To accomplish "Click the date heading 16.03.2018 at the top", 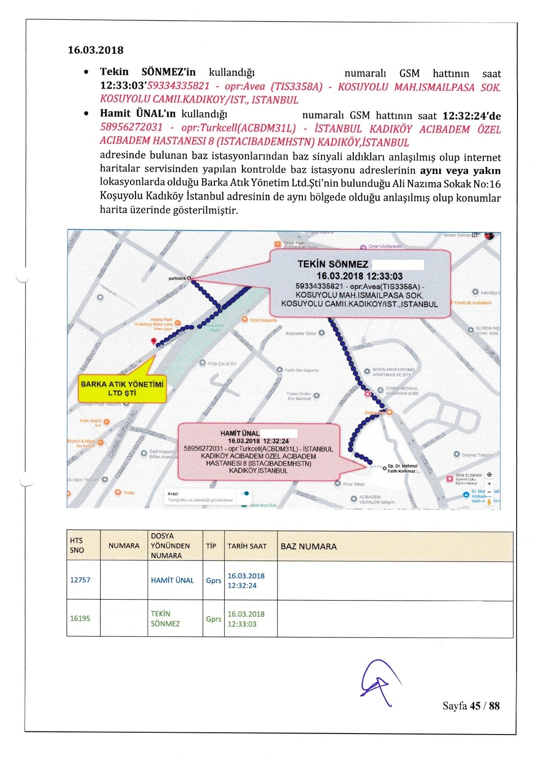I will [95, 50].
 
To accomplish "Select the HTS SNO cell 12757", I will [80, 580].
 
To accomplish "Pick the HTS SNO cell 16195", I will [80, 619].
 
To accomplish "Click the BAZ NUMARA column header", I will [308, 547].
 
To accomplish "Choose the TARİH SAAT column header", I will [247, 546].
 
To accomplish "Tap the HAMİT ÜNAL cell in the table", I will [172, 580].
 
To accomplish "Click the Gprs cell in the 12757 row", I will [214, 580].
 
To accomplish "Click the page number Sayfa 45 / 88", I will [471, 706].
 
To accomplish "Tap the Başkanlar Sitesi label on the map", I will [301, 334].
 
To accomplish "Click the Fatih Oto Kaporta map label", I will [302, 370].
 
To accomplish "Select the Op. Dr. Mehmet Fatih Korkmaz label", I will [402, 468].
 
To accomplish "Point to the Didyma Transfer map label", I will [477, 455].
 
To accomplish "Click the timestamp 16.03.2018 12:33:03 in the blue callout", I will [359, 276].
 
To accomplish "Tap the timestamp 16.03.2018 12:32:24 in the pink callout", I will [258, 441].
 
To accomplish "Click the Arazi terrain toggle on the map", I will [245, 494].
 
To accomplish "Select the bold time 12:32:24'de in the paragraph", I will [471, 116].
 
